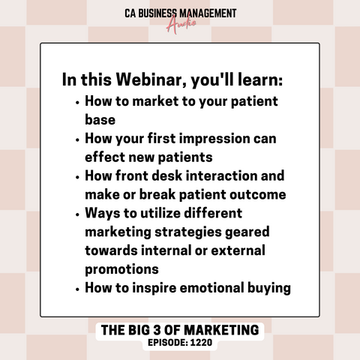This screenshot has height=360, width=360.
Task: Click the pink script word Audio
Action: click(x=181, y=25)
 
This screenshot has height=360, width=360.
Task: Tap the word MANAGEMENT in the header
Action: click(x=208, y=13)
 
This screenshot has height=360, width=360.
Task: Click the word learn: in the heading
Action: click(x=260, y=79)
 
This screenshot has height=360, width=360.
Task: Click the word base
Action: click(x=100, y=119)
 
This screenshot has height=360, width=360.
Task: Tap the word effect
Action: click(x=105, y=157)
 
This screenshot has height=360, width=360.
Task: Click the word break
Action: click(x=157, y=194)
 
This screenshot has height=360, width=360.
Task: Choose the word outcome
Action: click(x=258, y=194)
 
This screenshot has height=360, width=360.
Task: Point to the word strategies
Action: click(x=187, y=232)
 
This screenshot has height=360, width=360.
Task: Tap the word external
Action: click(x=238, y=250)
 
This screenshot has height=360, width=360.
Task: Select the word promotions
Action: click(x=121, y=269)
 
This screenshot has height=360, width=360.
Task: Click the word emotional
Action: click(x=211, y=288)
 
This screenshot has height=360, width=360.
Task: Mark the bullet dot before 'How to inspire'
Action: click(x=77, y=289)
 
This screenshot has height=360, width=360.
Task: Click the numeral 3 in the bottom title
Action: click(x=157, y=330)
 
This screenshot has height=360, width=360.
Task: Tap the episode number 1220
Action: click(x=201, y=343)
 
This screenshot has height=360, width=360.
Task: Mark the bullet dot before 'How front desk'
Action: click(x=77, y=177)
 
